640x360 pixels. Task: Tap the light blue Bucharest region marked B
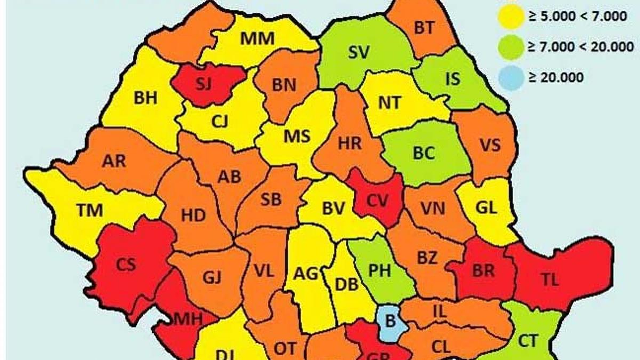(x=391, y=322)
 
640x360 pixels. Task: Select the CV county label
(x=378, y=202)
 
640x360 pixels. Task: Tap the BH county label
(x=145, y=98)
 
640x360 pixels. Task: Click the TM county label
(x=89, y=210)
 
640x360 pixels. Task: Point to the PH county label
(x=380, y=270)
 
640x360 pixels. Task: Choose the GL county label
(x=486, y=208)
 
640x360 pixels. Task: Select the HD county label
(x=193, y=215)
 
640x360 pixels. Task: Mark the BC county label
(x=424, y=153)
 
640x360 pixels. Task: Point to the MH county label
(x=187, y=319)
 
